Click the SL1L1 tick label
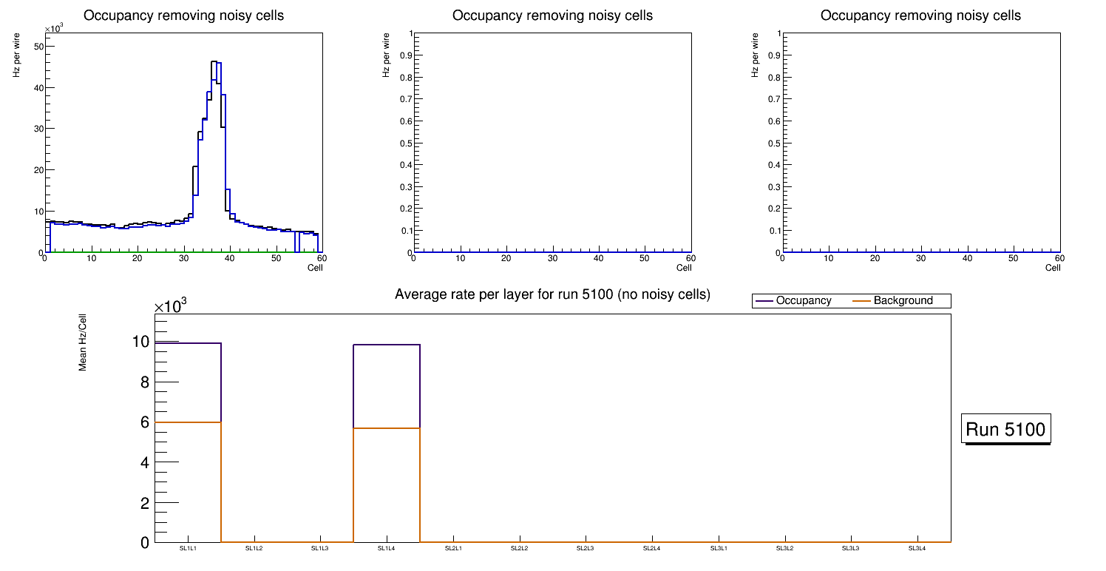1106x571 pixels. [188, 549]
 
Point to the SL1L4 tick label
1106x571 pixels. [387, 549]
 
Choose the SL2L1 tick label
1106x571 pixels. [453, 549]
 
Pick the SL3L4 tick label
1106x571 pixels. [917, 549]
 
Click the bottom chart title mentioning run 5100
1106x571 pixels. [552, 295]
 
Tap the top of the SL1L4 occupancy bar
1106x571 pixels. [387, 345]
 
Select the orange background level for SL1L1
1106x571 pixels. [188, 422]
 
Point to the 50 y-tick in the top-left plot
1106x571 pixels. [39, 46]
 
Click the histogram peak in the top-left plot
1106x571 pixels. [214, 62]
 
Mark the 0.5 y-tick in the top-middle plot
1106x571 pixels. [405, 143]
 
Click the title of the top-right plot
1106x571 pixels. [920, 16]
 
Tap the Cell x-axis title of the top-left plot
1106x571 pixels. [315, 268]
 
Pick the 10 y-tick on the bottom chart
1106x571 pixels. [140, 342]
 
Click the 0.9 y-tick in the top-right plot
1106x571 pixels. [774, 55]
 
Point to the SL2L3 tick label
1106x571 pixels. [586, 549]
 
